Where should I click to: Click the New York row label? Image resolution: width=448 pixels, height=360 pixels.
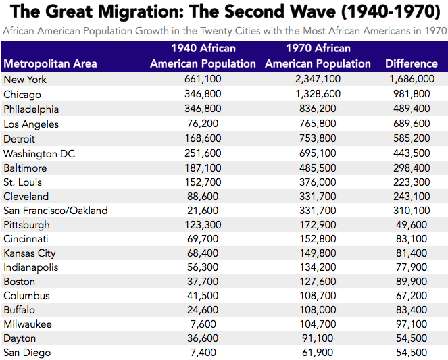25,80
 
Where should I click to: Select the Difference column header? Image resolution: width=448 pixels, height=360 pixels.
411,63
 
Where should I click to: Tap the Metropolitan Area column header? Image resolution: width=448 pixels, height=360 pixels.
50,63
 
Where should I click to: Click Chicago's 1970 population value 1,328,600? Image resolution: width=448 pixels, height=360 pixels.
318,95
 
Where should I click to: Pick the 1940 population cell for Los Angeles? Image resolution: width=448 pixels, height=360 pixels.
203,124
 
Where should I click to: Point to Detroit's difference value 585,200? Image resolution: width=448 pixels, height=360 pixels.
411,138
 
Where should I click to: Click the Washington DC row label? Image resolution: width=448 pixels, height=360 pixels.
39,153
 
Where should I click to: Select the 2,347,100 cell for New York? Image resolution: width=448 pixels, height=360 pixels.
318,80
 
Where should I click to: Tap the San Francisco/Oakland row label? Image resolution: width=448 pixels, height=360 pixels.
55,211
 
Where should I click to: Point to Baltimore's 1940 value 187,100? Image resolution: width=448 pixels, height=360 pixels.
203,168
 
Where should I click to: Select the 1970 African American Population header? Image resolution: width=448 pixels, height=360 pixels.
318,56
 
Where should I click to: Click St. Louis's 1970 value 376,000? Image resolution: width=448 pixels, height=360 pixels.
318,182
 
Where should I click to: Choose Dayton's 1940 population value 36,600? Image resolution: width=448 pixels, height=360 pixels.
203,338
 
